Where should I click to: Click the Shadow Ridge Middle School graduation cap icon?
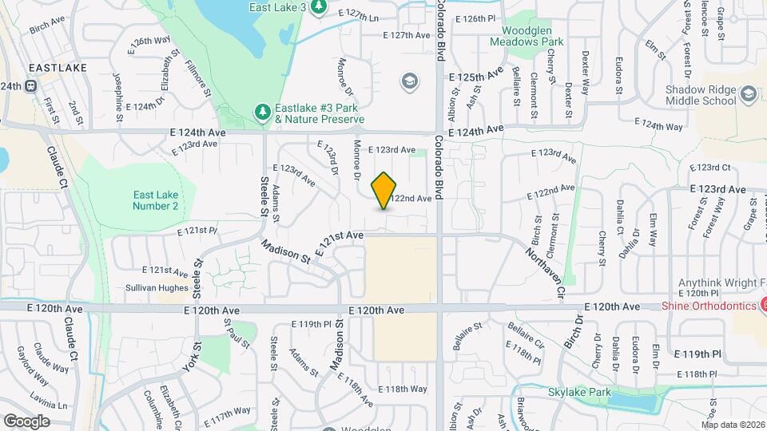tap(748, 95)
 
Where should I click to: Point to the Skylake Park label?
tap(579, 392)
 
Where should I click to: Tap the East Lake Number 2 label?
tap(156, 200)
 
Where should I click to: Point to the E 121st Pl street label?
tap(197, 231)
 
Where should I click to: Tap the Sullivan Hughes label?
tap(157, 288)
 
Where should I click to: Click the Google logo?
tap(26, 421)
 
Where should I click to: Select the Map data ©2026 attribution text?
tap(732, 424)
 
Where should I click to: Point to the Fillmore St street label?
tap(197, 78)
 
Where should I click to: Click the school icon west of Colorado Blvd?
tap(410, 81)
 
